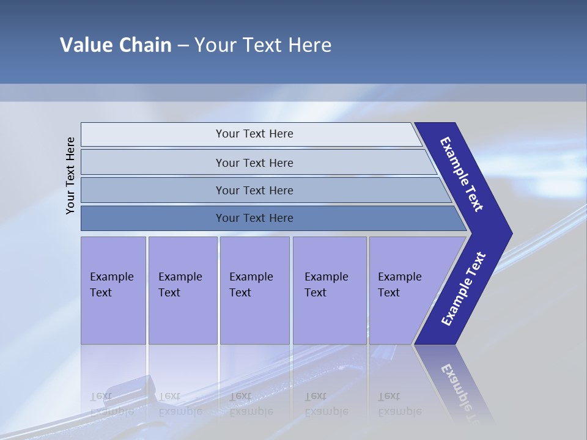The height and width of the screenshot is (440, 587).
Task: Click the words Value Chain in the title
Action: click(x=116, y=45)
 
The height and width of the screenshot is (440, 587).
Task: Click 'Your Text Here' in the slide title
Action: click(x=263, y=45)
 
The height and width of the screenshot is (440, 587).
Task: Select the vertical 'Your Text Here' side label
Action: click(x=70, y=175)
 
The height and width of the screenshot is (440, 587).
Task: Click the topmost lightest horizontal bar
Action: click(x=254, y=134)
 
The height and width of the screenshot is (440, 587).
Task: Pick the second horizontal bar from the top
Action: click(x=254, y=163)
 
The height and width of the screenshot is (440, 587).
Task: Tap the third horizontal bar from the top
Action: click(x=254, y=190)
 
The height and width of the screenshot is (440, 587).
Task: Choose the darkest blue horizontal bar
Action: click(x=254, y=218)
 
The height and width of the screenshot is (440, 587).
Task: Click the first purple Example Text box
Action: click(x=113, y=290)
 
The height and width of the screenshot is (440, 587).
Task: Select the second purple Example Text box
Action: click(x=182, y=290)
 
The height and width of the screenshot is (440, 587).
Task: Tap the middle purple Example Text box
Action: click(x=254, y=290)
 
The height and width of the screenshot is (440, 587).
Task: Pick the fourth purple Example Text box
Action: click(x=330, y=290)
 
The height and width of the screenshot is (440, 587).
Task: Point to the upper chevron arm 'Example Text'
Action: click(x=462, y=174)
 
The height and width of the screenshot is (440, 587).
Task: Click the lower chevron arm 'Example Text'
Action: click(x=463, y=288)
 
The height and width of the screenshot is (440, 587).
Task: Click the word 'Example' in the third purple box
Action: click(x=251, y=277)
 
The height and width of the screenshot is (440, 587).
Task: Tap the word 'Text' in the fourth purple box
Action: click(x=316, y=293)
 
